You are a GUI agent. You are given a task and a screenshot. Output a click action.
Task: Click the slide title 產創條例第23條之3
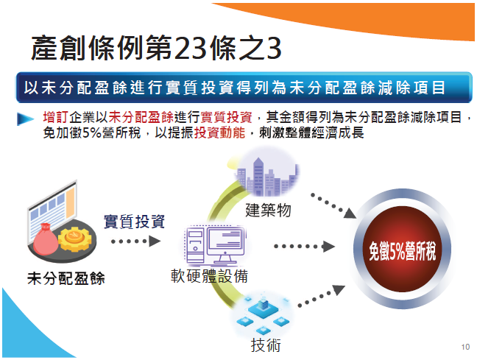click(x=156, y=48)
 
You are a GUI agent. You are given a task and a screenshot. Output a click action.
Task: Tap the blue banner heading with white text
click(x=244, y=88)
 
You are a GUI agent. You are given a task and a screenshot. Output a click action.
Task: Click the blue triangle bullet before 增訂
click(x=25, y=119)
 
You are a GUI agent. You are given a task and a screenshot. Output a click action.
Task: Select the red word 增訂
click(x=56, y=117)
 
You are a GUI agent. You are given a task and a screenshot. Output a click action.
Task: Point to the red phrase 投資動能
click(x=219, y=133)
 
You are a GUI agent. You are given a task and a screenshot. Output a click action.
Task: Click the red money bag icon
click(x=45, y=239)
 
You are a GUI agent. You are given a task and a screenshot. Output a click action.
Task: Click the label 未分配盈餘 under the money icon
click(x=66, y=278)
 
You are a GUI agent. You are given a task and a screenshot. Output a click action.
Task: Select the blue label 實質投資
click(x=134, y=222)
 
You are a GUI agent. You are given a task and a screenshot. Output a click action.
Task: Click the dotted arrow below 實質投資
click(x=135, y=241)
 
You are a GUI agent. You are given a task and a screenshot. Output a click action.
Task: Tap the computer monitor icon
click(x=226, y=245)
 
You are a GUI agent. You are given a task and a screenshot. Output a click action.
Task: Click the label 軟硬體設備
click(x=209, y=276)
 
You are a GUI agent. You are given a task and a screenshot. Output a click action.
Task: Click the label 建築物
click(x=268, y=211)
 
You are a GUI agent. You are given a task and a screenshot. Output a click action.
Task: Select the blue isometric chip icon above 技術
click(x=263, y=314)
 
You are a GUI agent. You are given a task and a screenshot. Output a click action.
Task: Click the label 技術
click(x=266, y=345)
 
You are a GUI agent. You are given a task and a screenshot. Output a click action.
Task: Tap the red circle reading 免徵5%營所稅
click(x=403, y=249)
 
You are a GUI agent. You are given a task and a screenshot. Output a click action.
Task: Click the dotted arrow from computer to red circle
click(x=304, y=246)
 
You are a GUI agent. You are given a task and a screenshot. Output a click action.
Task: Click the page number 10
click(x=465, y=347)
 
